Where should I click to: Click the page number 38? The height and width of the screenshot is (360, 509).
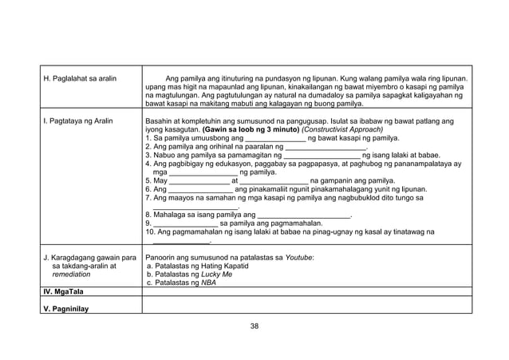pyautogui.click(x=254, y=326)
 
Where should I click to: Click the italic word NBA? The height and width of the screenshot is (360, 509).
pyautogui.click(x=208, y=283)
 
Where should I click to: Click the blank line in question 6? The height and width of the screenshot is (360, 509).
pyautogui.click(x=200, y=190)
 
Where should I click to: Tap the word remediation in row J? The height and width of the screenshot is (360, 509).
pyautogui.click(x=71, y=274)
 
